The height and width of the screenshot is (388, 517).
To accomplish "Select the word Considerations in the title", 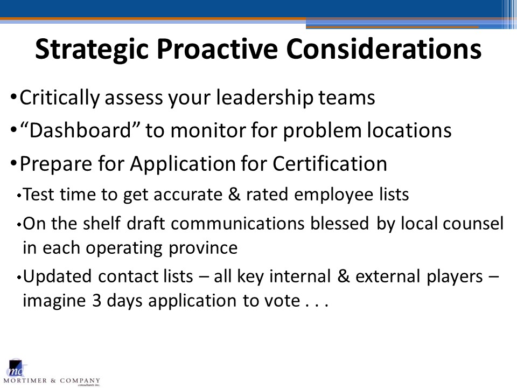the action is (x=384, y=49).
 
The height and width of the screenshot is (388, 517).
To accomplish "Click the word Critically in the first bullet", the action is (x=60, y=98).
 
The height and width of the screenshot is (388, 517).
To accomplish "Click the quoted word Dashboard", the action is (x=80, y=129).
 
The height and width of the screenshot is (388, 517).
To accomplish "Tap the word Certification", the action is (x=330, y=163).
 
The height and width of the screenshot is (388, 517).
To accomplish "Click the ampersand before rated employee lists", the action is (x=234, y=194).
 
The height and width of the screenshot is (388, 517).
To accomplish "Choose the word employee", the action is (x=333, y=195).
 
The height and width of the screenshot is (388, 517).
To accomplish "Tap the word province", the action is (x=203, y=248).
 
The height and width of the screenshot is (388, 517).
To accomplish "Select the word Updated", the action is (x=57, y=276).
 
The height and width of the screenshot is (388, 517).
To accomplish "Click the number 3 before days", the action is (x=96, y=301).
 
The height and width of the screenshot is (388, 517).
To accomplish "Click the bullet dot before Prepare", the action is (x=13, y=163).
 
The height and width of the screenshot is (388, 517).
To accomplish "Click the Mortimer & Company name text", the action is (x=52, y=381).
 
